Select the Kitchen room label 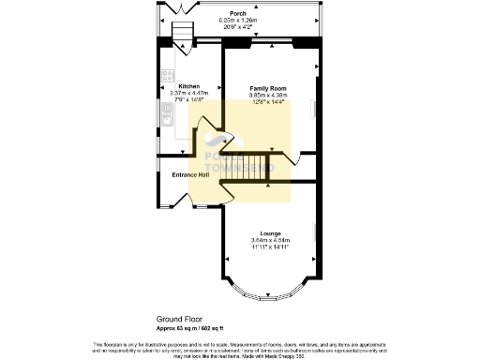176,86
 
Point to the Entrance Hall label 190,175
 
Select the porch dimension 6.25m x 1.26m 238,21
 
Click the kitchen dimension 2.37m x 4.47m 176,93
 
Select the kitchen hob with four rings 167,76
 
